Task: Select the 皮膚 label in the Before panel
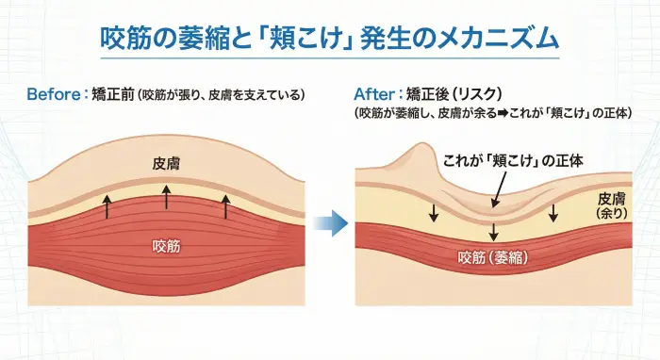166,163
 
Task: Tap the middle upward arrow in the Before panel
166,196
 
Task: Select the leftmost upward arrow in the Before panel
107,205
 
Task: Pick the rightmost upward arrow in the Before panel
225,205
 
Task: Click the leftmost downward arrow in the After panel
434,213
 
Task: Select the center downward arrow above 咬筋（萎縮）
494,232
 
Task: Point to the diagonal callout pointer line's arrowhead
493,205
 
